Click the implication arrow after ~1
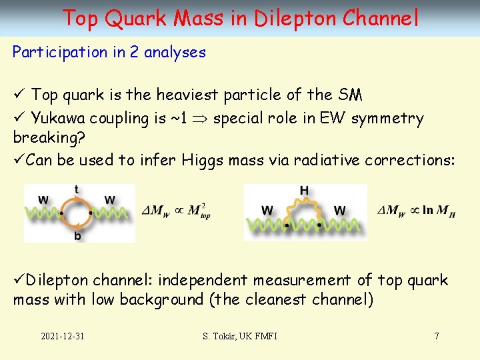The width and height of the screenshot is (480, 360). point(199,119)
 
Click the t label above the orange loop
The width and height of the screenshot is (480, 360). point(77,189)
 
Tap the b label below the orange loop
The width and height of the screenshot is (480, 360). point(77,235)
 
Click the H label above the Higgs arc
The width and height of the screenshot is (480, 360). point(304,191)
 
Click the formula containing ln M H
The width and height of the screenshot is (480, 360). point(416,211)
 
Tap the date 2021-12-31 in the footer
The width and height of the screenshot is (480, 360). point(62,336)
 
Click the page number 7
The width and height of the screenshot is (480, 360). point(437,336)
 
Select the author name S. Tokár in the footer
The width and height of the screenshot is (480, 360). point(221,336)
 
